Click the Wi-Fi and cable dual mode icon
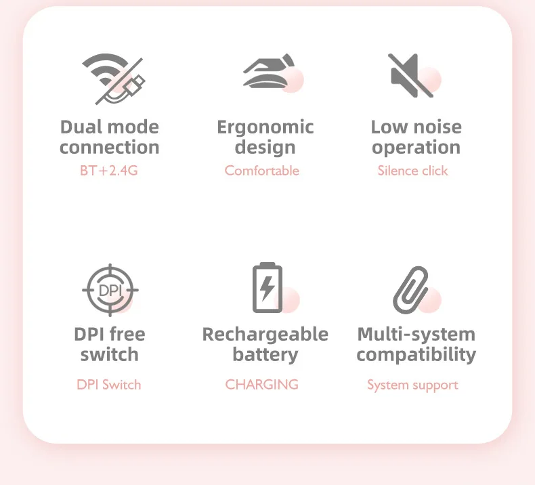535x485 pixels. pyautogui.click(x=112, y=79)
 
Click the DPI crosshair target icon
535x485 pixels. pyautogui.click(x=110, y=290)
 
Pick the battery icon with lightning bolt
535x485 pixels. pyautogui.click(x=267, y=288)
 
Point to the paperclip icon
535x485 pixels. pyautogui.click(x=411, y=289)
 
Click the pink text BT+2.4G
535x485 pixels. pyautogui.click(x=109, y=171)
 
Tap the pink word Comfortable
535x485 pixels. pyautogui.click(x=262, y=171)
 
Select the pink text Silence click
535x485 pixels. pyautogui.click(x=412, y=171)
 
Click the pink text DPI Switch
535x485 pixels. pyautogui.click(x=109, y=385)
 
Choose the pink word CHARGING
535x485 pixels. pyautogui.click(x=262, y=385)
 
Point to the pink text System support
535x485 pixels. pyautogui.click(x=412, y=385)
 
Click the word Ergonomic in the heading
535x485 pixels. pyautogui.click(x=265, y=127)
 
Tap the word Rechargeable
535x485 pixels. pyautogui.click(x=265, y=334)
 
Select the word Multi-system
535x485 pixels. pyautogui.click(x=416, y=334)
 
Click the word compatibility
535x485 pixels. pyautogui.click(x=416, y=354)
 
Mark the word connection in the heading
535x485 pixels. pyautogui.click(x=110, y=148)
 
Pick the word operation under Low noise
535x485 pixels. pyautogui.click(x=416, y=148)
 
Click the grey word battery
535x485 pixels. pyautogui.click(x=265, y=354)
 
